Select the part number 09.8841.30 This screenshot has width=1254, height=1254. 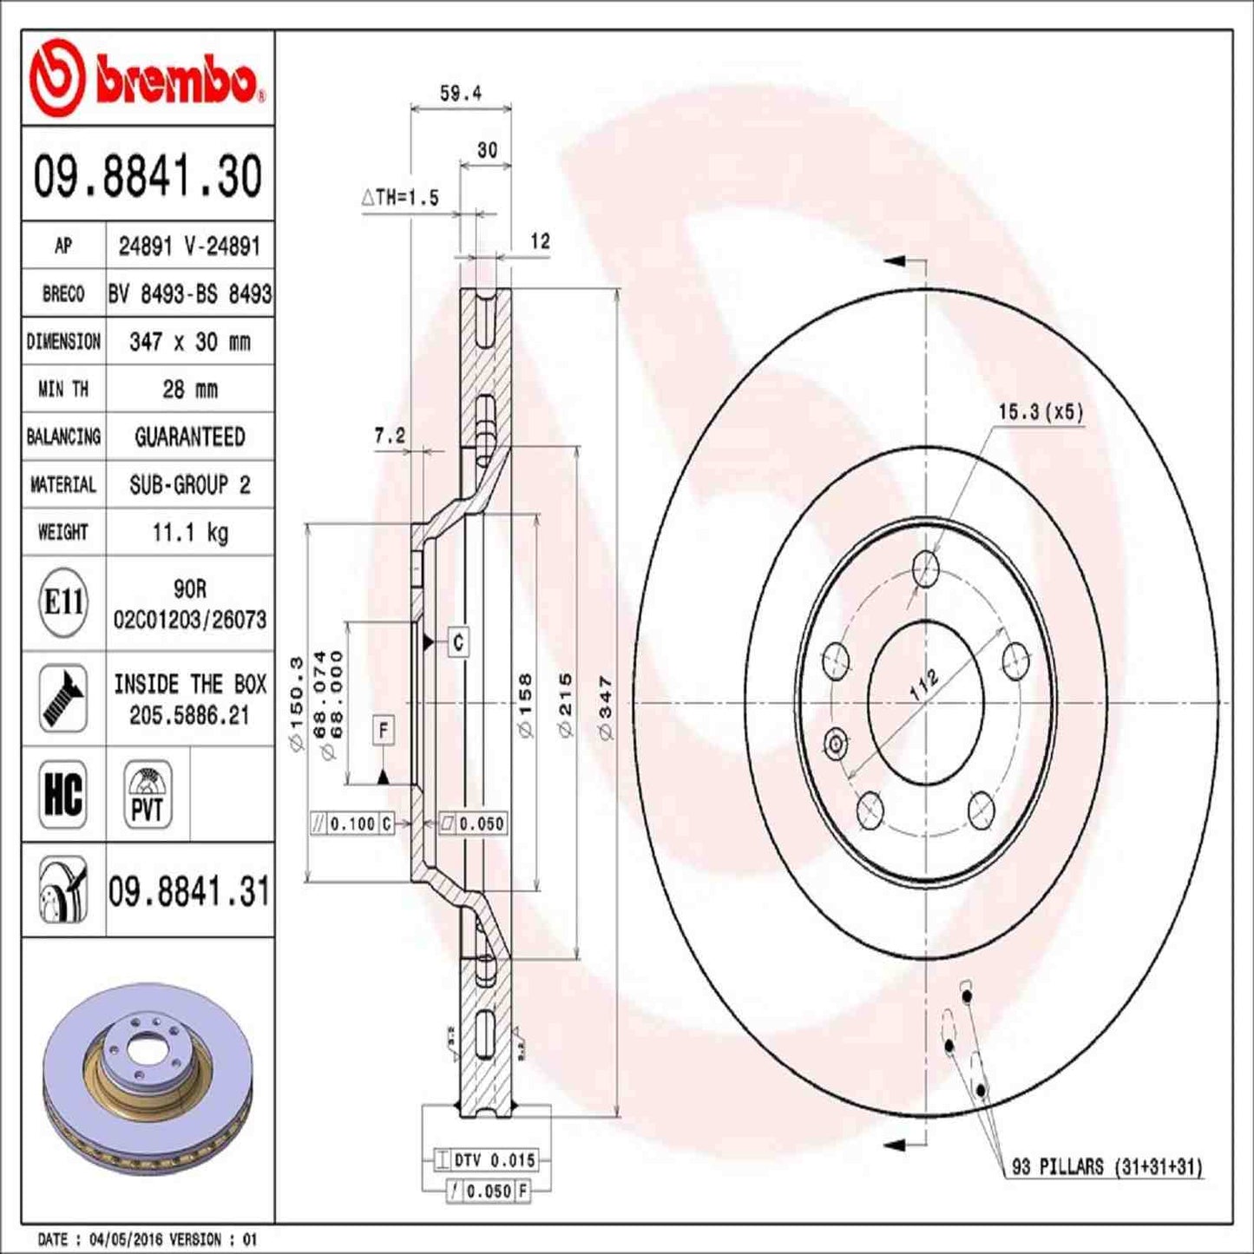[148, 175]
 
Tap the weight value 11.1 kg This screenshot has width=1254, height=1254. [189, 532]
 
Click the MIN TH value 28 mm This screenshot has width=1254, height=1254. [189, 389]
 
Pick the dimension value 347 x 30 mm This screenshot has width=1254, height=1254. [189, 341]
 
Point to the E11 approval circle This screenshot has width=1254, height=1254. [63, 602]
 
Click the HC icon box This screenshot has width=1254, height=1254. [63, 793]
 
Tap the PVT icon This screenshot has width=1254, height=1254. [147, 793]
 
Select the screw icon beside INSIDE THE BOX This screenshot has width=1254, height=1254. [63, 699]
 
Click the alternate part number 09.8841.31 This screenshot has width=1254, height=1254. [188, 891]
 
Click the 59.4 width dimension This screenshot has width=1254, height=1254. [460, 93]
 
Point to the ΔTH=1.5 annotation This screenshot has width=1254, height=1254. [400, 198]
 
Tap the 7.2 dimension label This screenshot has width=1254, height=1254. [389, 436]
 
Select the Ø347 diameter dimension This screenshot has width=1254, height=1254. [605, 707]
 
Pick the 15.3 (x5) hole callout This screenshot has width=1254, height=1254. [1040, 411]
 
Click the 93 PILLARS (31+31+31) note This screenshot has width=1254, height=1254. [1106, 1166]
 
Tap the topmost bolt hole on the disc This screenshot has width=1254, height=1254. [926, 569]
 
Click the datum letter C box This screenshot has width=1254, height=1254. [458, 642]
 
